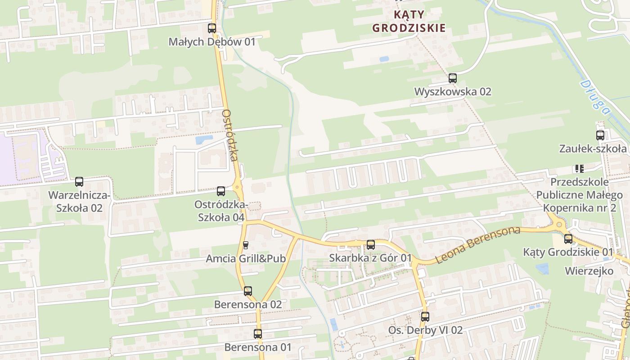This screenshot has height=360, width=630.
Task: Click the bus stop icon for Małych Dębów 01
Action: [x=212, y=28]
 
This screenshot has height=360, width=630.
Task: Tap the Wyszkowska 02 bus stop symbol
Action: [x=453, y=78]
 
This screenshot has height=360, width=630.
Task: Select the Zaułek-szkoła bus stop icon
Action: [x=600, y=135]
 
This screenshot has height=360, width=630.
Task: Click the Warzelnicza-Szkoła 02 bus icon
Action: [x=79, y=182]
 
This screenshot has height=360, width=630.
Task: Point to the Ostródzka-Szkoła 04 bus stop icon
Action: [x=221, y=191]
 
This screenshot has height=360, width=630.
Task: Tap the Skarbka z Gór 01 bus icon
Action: [x=371, y=245]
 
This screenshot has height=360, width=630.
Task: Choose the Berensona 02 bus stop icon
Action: [x=248, y=291]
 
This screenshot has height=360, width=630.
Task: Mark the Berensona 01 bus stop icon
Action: [x=258, y=334]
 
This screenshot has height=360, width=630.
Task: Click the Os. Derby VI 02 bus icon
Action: [x=425, y=317]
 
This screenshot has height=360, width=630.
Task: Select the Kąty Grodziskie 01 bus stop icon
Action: [x=568, y=239]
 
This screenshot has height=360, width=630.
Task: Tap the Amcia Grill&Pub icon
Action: [x=246, y=245]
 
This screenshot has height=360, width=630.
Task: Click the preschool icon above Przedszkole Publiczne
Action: [x=579, y=169]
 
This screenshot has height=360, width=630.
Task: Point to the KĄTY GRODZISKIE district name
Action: [x=409, y=21]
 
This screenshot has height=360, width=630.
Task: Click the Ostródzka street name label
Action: [x=230, y=135]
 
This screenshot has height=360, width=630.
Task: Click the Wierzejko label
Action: [x=589, y=271]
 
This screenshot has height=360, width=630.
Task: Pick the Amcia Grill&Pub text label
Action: [x=246, y=259]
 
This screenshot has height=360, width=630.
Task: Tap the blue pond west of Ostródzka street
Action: [x=204, y=139]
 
